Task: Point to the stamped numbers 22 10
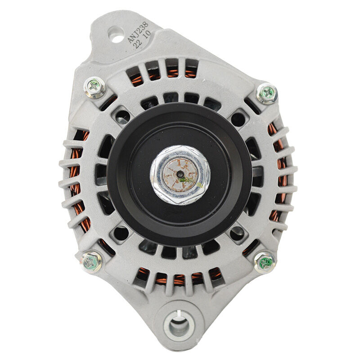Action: point(142,40)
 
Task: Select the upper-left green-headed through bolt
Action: point(94,87)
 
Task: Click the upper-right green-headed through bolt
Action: point(267,94)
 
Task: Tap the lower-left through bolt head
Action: point(92,262)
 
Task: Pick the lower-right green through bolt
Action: point(265,262)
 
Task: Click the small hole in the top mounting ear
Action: point(117,35)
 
